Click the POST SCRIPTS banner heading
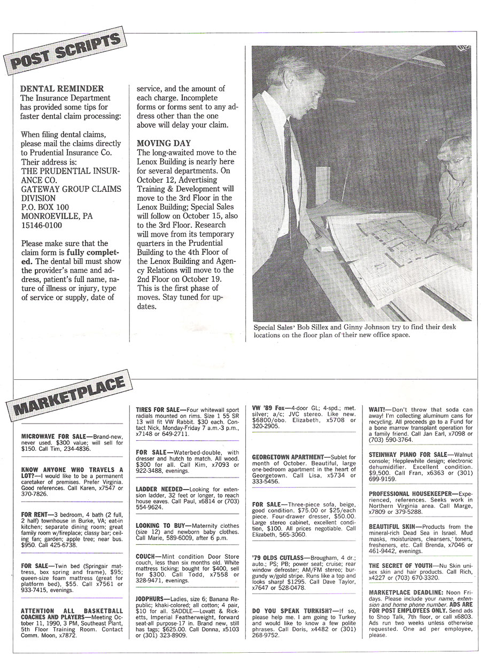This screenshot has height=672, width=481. click(66, 56)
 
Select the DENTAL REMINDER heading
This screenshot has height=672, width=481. click(61, 89)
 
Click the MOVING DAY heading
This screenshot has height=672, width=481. click(164, 144)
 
